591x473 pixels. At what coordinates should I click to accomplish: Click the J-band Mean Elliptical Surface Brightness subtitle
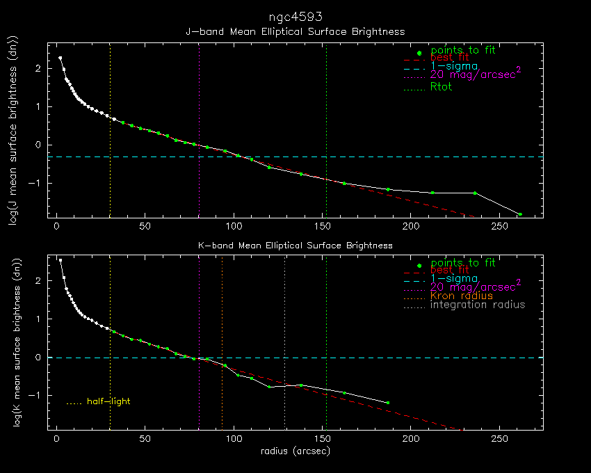click(x=295, y=31)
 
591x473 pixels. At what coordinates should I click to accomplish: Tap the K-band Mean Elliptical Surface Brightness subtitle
click(x=295, y=246)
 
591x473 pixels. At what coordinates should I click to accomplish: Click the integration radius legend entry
click(x=478, y=305)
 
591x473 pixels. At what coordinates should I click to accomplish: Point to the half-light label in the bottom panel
click(x=108, y=401)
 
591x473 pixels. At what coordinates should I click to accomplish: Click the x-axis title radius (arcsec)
click(x=295, y=451)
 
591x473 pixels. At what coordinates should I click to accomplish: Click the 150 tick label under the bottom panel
click(x=322, y=439)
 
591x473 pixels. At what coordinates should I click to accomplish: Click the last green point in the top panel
click(x=519, y=214)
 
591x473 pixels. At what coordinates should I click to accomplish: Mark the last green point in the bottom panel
click(x=387, y=403)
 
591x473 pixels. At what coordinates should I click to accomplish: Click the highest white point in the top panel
click(x=60, y=58)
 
